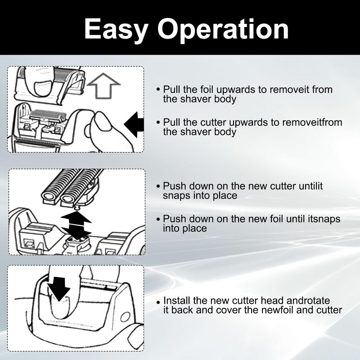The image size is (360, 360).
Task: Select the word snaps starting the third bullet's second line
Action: tap(176, 196)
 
